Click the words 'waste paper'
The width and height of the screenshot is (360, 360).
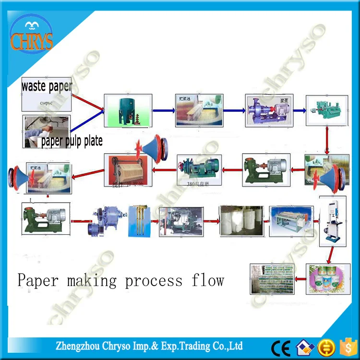[47, 86]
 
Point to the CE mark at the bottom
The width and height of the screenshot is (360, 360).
[280, 347]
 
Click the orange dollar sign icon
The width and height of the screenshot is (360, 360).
[346, 347]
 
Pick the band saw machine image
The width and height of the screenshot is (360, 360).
[333, 221]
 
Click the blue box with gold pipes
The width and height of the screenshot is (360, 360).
[141, 221]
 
